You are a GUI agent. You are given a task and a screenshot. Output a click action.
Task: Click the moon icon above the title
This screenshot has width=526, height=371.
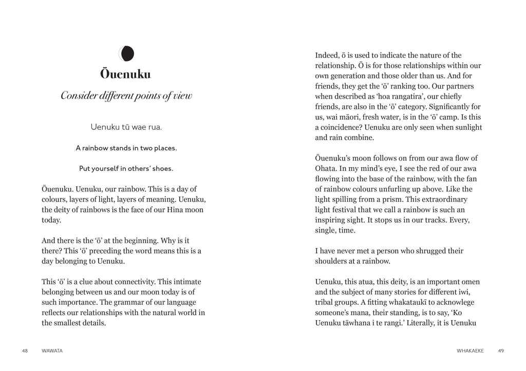(126, 52)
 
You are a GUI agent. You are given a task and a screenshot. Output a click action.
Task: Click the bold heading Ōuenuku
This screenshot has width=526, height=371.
(126, 74)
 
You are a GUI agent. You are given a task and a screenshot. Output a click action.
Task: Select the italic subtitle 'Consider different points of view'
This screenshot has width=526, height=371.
(126, 96)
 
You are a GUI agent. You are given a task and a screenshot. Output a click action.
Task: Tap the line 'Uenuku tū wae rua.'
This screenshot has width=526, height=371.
(126, 126)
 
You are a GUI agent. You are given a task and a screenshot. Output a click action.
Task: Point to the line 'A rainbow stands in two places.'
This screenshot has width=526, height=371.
(126, 148)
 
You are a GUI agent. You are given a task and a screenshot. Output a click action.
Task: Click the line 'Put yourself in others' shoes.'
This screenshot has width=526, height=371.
(126, 168)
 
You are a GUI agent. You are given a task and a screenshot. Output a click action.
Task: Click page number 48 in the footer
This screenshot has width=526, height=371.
(25, 351)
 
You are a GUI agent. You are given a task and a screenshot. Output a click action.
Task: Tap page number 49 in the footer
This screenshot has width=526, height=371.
(500, 351)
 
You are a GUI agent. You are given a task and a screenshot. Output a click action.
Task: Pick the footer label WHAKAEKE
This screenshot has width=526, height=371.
(470, 351)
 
